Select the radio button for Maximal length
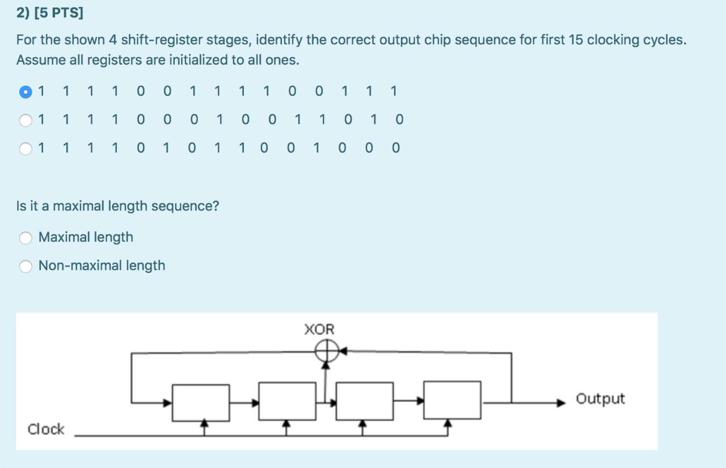click(26, 238)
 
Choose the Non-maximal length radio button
click(26, 266)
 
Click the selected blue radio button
click(26, 91)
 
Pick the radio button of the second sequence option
click(26, 120)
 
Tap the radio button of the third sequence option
click(26, 149)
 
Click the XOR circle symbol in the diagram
click(327, 352)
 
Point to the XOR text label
click(319, 330)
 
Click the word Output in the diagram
click(600, 399)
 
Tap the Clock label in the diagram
click(46, 429)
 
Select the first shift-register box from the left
click(201, 402)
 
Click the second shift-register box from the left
click(287, 401)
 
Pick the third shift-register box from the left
click(364, 401)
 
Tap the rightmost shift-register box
click(453, 400)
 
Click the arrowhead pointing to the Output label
click(562, 403)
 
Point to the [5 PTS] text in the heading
click(58, 13)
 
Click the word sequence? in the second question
click(191, 206)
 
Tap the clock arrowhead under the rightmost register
click(448, 423)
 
